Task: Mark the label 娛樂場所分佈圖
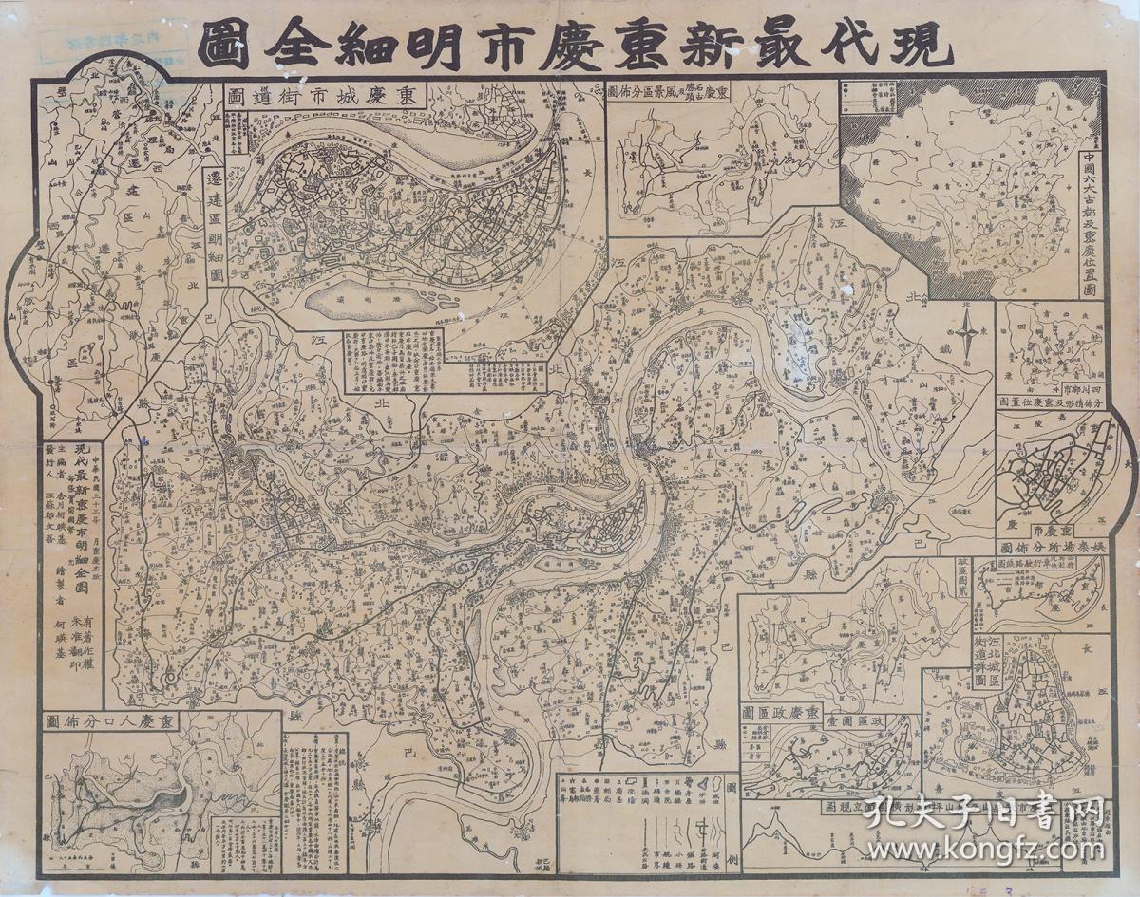tap(1049, 548)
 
